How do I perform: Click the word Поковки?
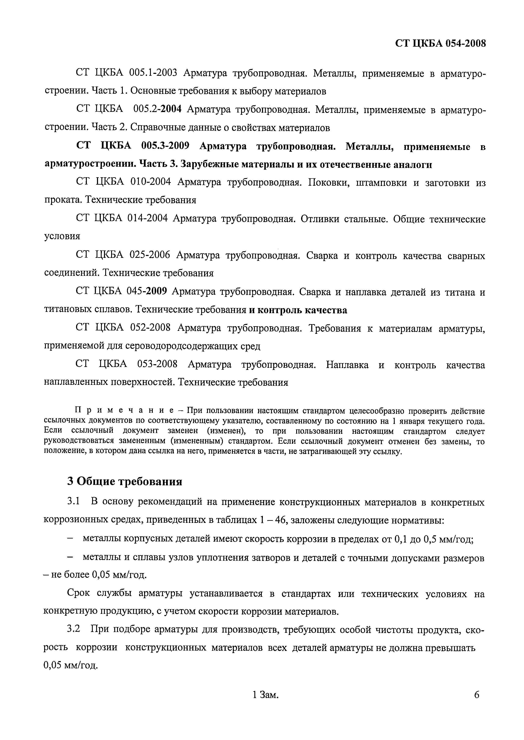(329, 183)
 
